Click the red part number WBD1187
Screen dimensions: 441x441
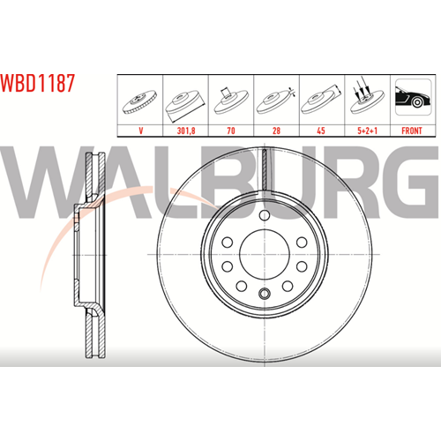[38, 83]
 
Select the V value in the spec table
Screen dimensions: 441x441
[140, 131]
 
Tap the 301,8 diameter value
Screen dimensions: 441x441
[186, 131]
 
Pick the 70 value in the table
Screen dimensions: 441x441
[231, 131]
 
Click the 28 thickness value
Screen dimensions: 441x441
[276, 131]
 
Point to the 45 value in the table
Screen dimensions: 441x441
[321, 131]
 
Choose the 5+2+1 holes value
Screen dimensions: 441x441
[367, 131]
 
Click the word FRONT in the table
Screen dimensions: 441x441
[412, 131]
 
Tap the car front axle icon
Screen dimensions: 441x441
[413, 97]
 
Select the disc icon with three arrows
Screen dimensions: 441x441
[367, 96]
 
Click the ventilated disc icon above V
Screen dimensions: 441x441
[139, 101]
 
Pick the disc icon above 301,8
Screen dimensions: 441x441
[184, 104]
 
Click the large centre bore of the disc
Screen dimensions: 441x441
[265, 255]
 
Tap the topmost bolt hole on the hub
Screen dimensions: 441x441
[265, 215]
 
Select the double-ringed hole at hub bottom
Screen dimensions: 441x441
[265, 293]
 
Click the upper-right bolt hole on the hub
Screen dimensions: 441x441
[302, 243]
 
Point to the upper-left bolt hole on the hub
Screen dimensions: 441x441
[228, 243]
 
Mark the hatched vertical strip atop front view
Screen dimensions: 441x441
[265, 169]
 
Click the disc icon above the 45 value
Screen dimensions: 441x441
[321, 100]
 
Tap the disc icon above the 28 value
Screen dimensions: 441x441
[276, 101]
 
